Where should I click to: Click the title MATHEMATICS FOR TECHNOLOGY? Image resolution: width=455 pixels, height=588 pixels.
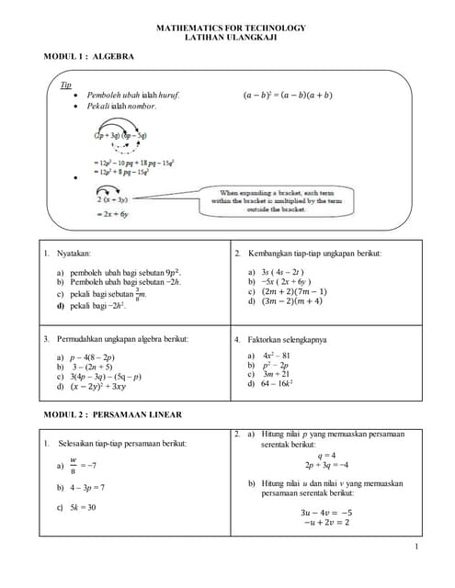tap(231, 28)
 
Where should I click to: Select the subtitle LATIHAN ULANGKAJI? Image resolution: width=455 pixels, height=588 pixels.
tap(231, 39)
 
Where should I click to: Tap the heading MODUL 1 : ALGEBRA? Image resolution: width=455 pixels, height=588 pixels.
tap(89, 57)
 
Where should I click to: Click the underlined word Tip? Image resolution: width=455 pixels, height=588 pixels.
tap(65, 84)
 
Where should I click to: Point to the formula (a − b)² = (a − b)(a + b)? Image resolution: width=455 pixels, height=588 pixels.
tap(288, 95)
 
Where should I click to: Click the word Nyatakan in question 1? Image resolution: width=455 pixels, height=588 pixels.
tap(74, 253)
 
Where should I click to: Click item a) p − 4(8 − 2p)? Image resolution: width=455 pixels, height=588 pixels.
tap(86, 357)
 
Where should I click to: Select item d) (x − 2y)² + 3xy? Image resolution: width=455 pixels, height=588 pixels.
tap(92, 387)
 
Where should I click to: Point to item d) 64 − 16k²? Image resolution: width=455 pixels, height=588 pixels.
tap(270, 384)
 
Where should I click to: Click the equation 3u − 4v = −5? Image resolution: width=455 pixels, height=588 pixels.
tap(326, 513)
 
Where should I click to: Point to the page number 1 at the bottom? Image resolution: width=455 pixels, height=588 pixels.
tap(416, 548)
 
